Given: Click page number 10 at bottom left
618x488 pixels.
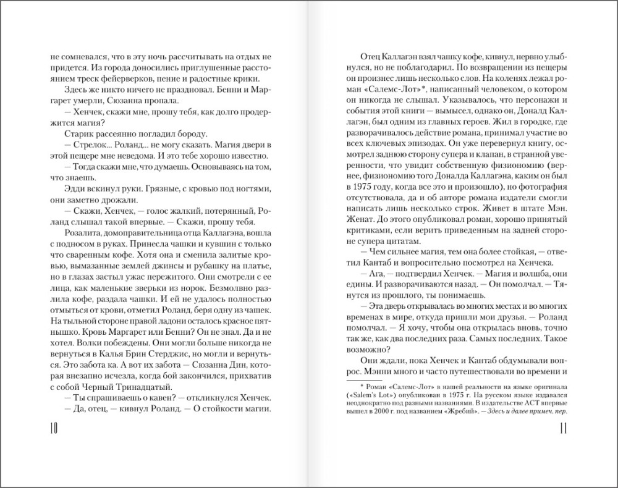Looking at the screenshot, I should pos(53,429).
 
